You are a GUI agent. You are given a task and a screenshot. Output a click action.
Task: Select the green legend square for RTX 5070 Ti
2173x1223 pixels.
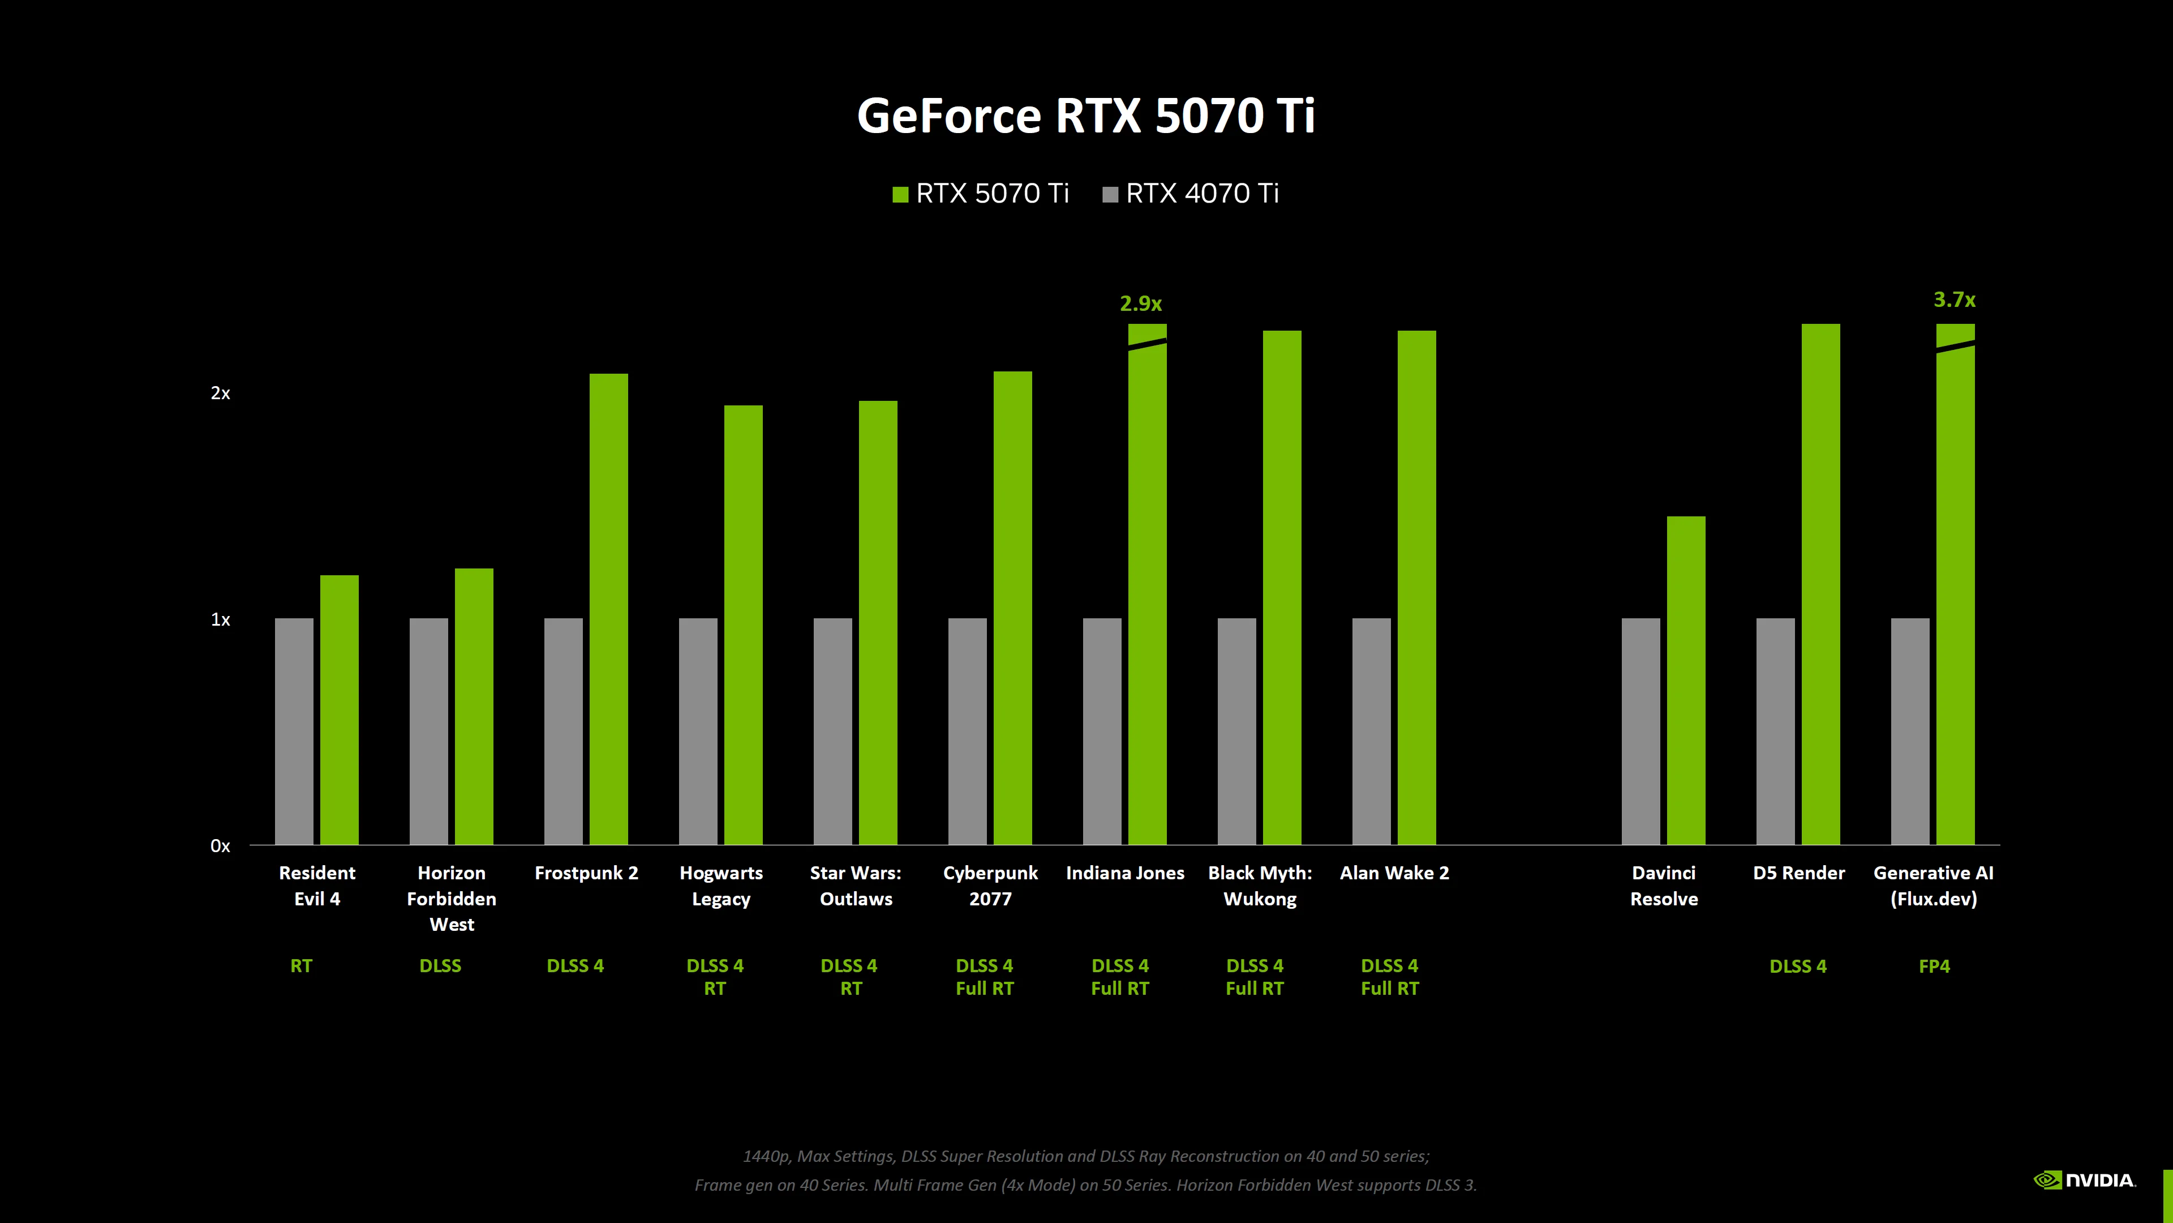[x=900, y=194]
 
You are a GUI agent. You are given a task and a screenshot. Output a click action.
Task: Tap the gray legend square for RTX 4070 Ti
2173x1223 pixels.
[x=1110, y=194]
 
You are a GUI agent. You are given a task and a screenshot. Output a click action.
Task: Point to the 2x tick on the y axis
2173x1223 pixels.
[x=220, y=394]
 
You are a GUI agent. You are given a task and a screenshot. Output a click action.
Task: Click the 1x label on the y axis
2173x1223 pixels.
[x=220, y=619]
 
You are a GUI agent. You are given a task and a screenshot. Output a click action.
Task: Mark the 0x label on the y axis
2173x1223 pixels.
[x=220, y=846]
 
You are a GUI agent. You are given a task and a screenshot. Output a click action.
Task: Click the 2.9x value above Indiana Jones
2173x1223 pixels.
[x=1140, y=303]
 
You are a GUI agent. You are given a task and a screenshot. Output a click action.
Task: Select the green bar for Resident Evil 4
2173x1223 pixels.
[x=339, y=709]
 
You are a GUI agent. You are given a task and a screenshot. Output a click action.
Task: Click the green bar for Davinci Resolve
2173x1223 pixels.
[x=1685, y=679]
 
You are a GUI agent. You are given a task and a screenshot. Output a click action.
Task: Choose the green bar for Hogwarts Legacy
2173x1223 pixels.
[x=743, y=625]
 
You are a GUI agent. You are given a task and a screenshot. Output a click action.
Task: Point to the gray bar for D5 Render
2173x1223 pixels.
[x=1775, y=731]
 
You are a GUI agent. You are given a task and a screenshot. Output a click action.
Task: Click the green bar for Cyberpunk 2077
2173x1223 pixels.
[x=1012, y=608]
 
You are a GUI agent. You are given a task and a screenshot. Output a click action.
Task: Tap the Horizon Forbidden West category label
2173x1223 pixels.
[x=452, y=898]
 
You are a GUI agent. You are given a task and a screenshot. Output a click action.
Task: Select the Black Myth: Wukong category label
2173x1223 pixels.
[x=1260, y=886]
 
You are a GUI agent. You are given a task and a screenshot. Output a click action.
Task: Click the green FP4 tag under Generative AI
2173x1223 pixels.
[x=1934, y=967]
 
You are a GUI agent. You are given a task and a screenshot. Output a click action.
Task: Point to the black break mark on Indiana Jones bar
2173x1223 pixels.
[x=1147, y=344]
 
